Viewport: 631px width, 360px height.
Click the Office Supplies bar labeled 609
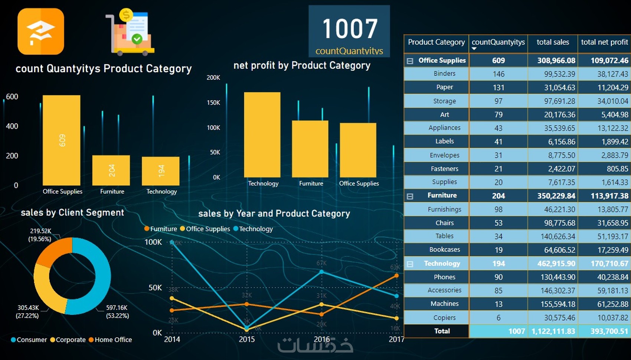61,140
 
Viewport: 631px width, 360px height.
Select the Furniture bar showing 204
111,170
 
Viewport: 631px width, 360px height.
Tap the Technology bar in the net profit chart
262,135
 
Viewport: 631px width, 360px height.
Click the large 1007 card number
350,29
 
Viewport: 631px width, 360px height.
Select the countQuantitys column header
498,42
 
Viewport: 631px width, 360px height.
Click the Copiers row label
444,318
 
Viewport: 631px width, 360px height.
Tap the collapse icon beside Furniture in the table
410,196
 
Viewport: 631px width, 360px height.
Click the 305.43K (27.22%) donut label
28,311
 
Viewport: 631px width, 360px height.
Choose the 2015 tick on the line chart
247,339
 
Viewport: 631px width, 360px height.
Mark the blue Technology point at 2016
321,272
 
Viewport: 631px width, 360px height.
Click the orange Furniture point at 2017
396,275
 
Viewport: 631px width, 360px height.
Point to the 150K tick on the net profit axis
213,102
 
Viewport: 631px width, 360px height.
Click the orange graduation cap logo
41,32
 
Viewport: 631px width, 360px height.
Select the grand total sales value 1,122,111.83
553,331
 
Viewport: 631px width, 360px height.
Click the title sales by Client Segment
72,213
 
